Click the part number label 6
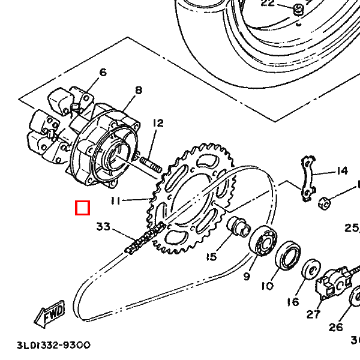pyautogui.click(x=103, y=73)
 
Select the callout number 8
pyautogui.click(x=139, y=90)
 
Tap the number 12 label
pyautogui.click(x=158, y=123)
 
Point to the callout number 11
pyautogui.click(x=115, y=201)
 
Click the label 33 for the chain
pyautogui.click(x=103, y=227)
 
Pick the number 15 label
pyautogui.click(x=211, y=257)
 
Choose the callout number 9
pyautogui.click(x=247, y=276)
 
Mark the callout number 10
pyautogui.click(x=268, y=286)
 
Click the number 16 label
pyautogui.click(x=293, y=302)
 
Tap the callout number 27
pyautogui.click(x=313, y=314)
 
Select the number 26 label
pyautogui.click(x=335, y=327)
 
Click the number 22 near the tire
pyautogui.click(x=268, y=3)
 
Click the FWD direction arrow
pyautogui.click(x=49, y=314)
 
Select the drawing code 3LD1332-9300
pyautogui.click(x=54, y=345)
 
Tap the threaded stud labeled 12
pyautogui.click(x=151, y=165)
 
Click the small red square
pyautogui.click(x=82, y=208)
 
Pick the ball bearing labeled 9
pyautogui.click(x=263, y=240)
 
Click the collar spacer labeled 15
pyautogui.click(x=239, y=226)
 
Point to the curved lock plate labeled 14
pyautogui.click(x=308, y=179)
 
